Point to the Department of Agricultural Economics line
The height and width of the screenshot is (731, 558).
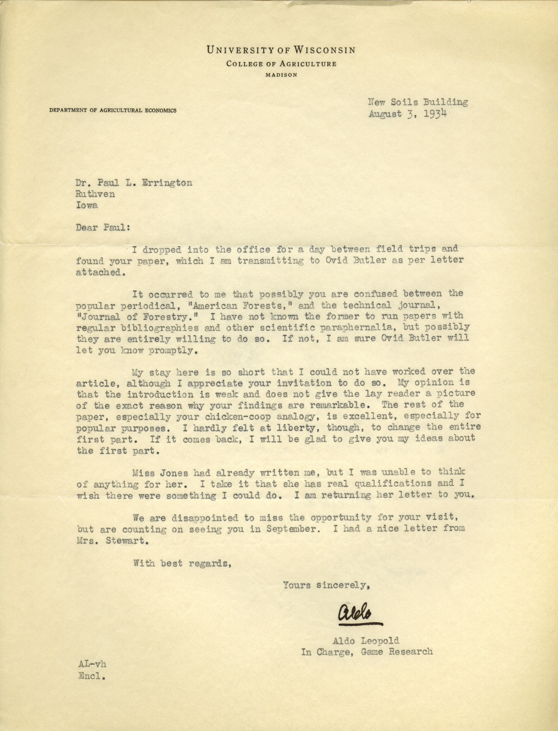click(x=113, y=110)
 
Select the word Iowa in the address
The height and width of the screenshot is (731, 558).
click(x=87, y=205)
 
